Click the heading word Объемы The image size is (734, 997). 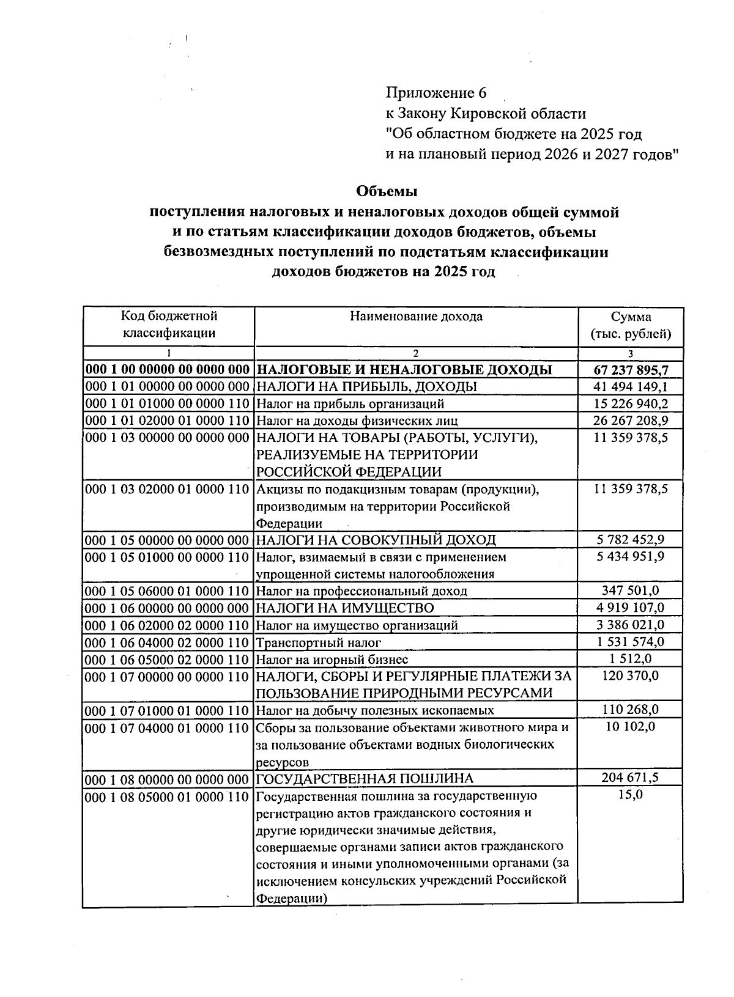click(387, 191)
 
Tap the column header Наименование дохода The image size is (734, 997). click(416, 317)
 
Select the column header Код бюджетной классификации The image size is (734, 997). click(169, 325)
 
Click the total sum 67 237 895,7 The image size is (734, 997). click(631, 370)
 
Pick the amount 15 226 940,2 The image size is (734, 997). click(631, 403)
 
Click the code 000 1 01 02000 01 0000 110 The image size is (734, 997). click(168, 421)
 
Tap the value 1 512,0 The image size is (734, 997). click(631, 658)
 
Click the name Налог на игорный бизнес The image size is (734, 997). click(332, 660)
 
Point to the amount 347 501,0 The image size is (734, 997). click(631, 590)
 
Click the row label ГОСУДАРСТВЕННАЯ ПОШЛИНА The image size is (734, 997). click(365, 779)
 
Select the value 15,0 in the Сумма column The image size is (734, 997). click(631, 795)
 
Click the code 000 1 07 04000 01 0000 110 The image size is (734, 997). click(168, 728)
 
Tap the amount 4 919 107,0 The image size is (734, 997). click(631, 607)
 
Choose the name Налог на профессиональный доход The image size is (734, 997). click(361, 591)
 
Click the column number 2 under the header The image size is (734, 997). click(416, 353)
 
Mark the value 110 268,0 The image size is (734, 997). click(631, 710)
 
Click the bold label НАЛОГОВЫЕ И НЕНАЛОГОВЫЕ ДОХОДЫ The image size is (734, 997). click(404, 370)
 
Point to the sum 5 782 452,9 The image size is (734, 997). click(631, 539)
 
